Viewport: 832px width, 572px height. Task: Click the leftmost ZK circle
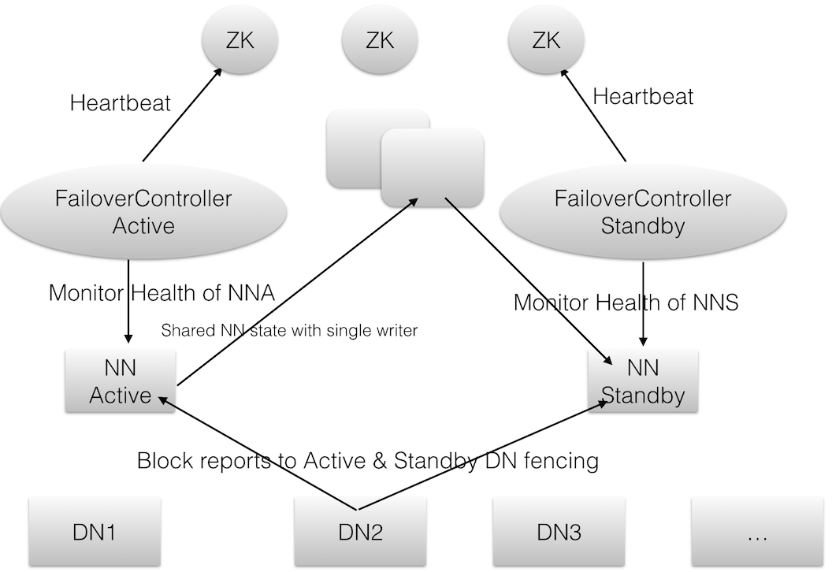tap(239, 40)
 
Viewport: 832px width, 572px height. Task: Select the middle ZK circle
tap(379, 40)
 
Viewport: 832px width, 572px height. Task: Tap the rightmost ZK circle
tap(545, 40)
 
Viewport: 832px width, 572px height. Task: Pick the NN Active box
tap(120, 382)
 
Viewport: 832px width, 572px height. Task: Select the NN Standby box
tap(643, 382)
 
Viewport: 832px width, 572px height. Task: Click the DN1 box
tap(94, 532)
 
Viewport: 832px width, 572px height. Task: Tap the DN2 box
tap(361, 532)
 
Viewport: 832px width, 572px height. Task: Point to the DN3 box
tap(559, 532)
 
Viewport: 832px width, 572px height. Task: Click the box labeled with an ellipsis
tap(756, 532)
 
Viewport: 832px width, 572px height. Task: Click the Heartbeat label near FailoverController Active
tap(120, 103)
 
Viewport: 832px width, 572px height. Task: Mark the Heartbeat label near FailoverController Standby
tap(643, 97)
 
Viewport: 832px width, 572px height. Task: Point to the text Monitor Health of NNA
tap(162, 293)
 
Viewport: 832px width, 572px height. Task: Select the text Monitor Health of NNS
tap(626, 302)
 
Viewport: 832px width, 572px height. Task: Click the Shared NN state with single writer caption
tap(288, 331)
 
